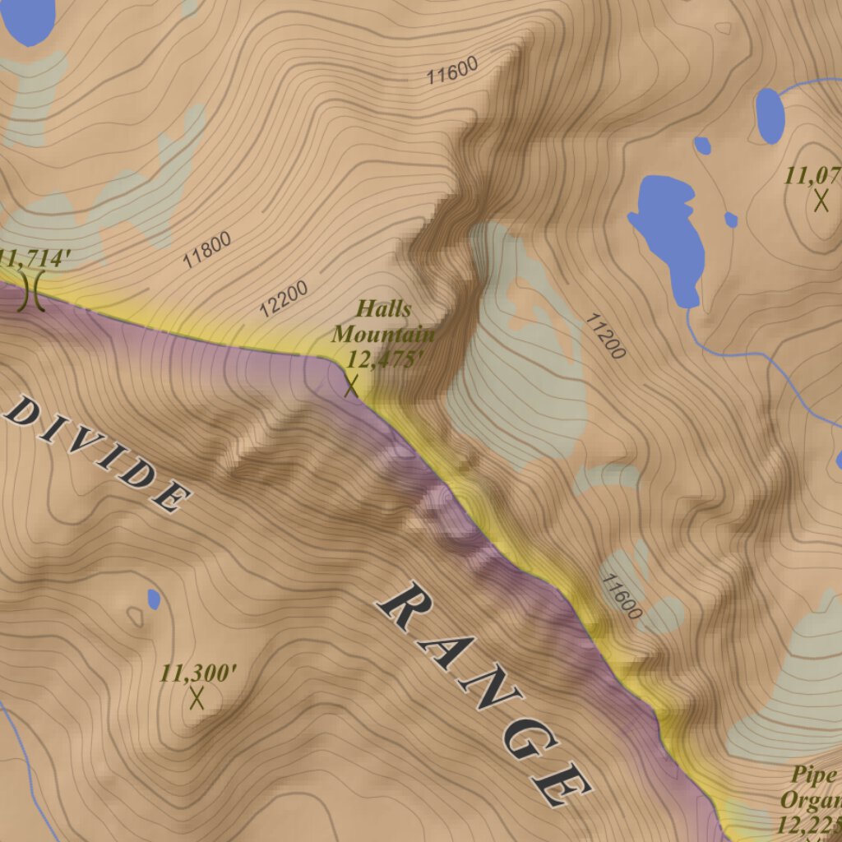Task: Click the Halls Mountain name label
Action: coord(382,322)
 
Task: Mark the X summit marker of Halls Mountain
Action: coord(352,385)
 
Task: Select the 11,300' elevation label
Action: coord(198,673)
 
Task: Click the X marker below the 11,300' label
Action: coord(197,698)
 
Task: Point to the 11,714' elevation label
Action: coord(31,258)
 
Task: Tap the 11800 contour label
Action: coord(206,251)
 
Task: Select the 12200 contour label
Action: coord(284,299)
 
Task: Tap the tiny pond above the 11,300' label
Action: coord(153,599)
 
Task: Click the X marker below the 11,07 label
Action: coord(821,200)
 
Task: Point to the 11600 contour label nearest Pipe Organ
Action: coord(621,596)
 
